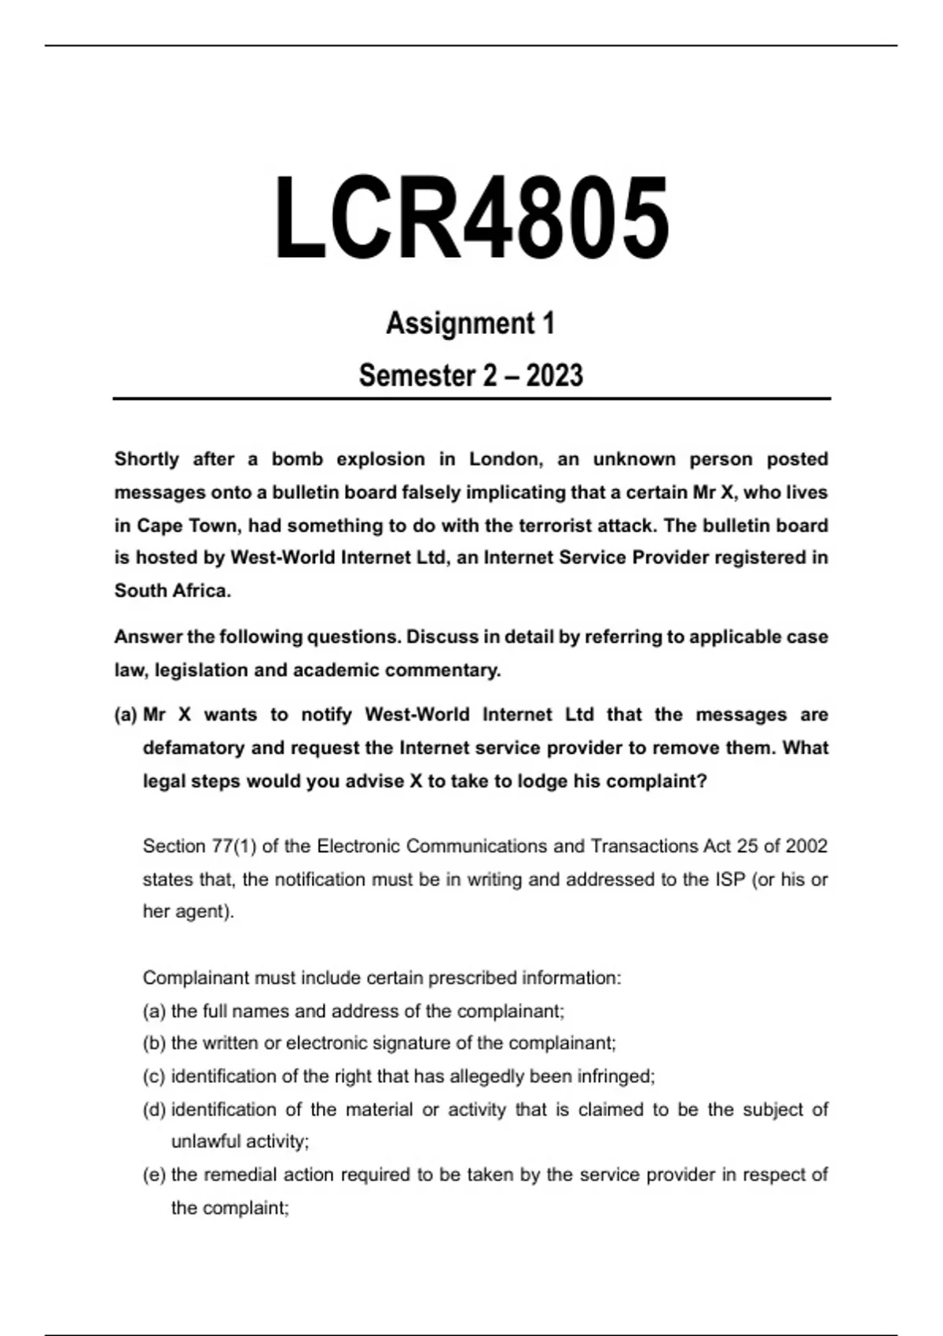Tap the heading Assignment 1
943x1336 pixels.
pos(470,323)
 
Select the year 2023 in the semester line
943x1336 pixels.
pos(554,376)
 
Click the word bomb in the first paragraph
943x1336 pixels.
pos(297,459)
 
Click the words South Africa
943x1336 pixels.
pos(172,590)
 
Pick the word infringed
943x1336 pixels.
pos(615,1077)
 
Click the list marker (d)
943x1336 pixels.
pos(154,1110)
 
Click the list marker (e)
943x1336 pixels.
pos(154,1175)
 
